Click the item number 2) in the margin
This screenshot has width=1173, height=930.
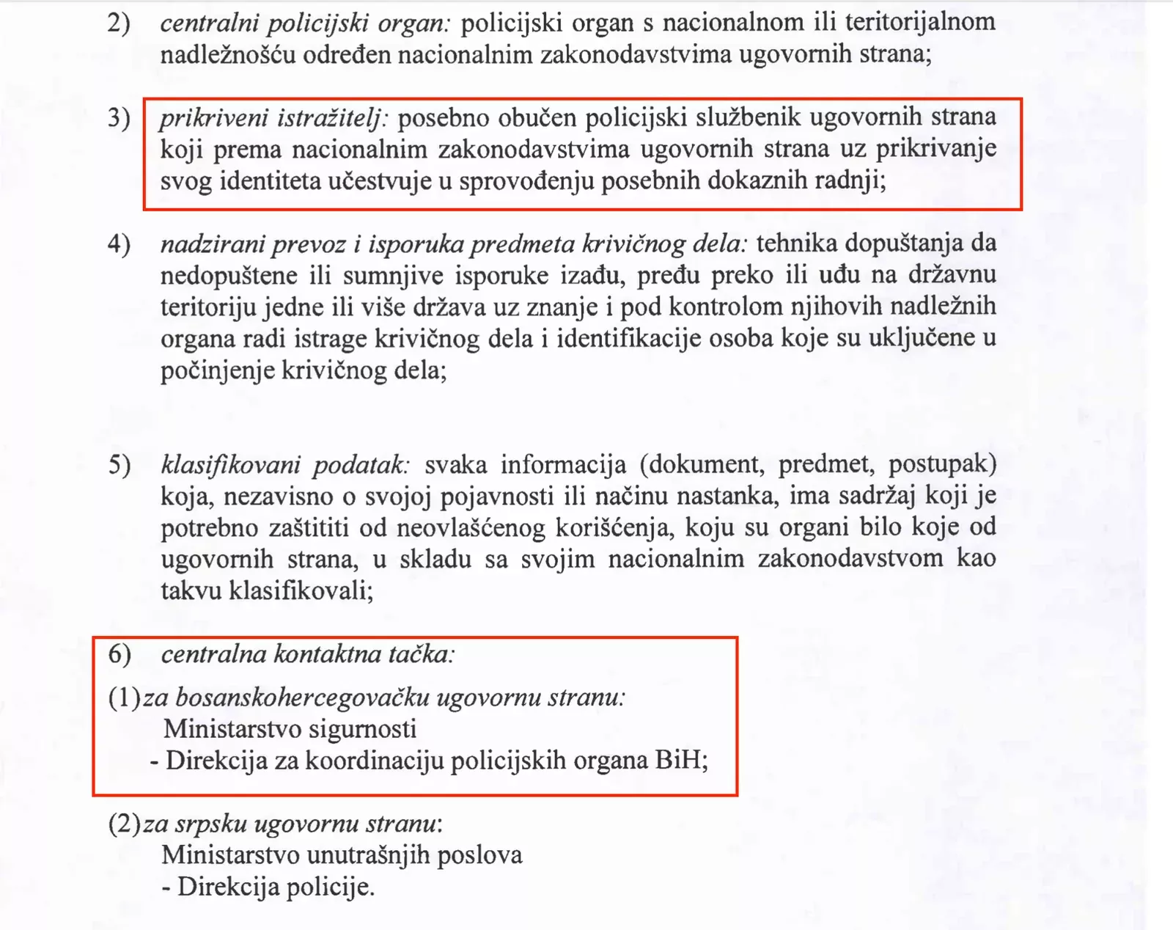119,23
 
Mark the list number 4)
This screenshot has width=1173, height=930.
119,244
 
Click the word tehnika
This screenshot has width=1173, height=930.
800,244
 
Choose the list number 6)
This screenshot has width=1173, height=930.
119,653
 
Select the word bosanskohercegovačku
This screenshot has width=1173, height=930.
302,697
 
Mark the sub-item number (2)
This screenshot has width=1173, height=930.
124,824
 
